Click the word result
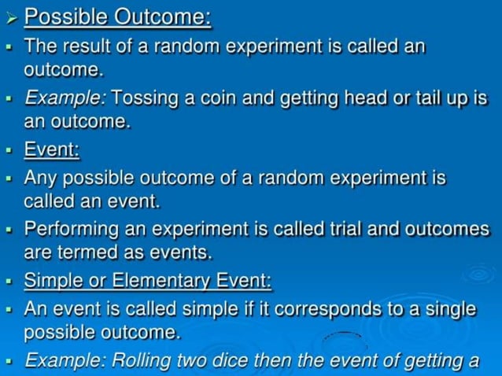pyautogui.click(x=83, y=46)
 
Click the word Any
pyautogui.click(x=42, y=178)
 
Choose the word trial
pyautogui.click(x=349, y=229)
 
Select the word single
pyautogui.click(x=446, y=308)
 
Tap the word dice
pyautogui.click(x=237, y=360)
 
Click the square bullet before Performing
pyautogui.click(x=9, y=230)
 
